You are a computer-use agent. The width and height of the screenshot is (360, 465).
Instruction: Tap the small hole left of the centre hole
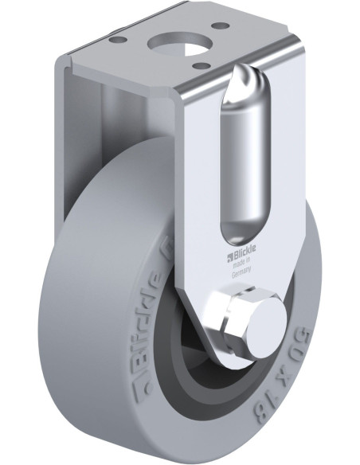[117, 37]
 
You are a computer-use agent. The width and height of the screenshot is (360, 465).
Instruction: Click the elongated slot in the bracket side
[243, 159]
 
